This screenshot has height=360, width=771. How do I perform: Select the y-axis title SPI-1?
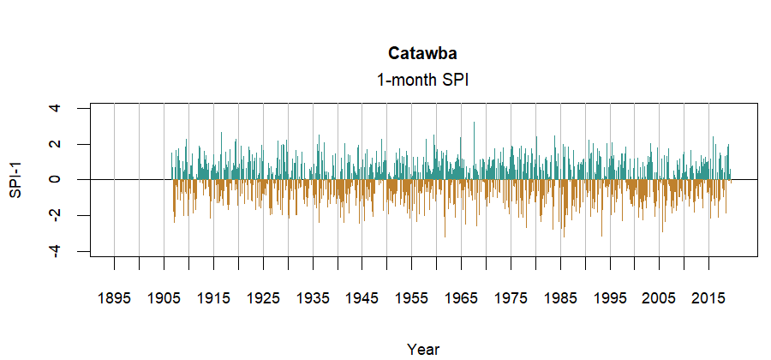pyautogui.click(x=16, y=179)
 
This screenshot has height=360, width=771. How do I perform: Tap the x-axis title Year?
pyautogui.click(x=423, y=349)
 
